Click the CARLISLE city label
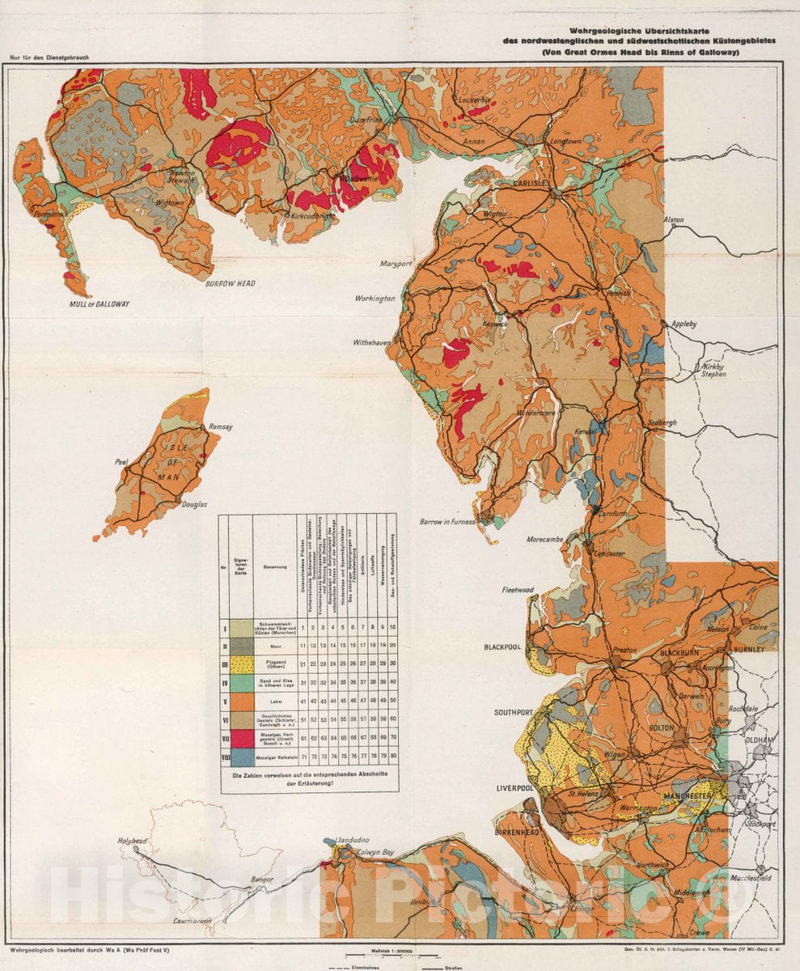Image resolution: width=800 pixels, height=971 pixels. [x=531, y=184]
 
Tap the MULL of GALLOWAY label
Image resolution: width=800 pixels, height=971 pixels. [x=99, y=304]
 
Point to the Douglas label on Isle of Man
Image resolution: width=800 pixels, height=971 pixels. [x=194, y=504]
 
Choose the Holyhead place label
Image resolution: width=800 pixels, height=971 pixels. [x=133, y=842]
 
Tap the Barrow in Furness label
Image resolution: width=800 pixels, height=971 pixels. [x=447, y=522]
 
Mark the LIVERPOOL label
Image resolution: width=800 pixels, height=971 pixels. [x=519, y=787]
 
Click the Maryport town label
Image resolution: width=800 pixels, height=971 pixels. [x=398, y=264]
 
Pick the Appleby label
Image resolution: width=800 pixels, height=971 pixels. [x=684, y=324]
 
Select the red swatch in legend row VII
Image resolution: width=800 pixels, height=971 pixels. [x=240, y=739]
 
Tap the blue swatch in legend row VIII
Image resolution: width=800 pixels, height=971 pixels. [x=240, y=757]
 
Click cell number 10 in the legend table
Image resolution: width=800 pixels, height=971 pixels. [x=392, y=627]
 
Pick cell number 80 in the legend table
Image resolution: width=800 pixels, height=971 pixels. [x=392, y=757]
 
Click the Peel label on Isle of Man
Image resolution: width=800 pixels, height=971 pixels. [x=122, y=462]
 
